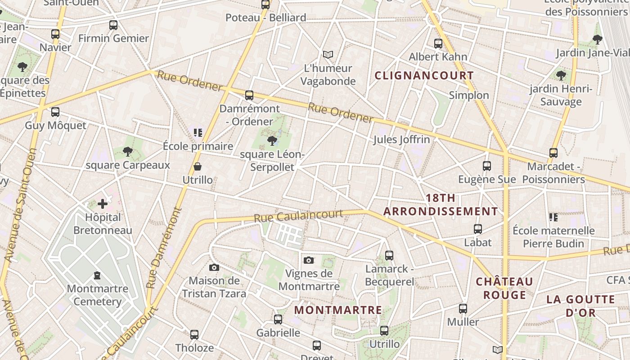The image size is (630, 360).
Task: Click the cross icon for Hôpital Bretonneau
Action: coord(103,204)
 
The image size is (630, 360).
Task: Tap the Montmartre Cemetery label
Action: coord(97,295)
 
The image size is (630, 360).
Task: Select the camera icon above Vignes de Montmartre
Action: coord(309,260)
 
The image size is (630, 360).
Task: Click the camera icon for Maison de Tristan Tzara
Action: coord(214,268)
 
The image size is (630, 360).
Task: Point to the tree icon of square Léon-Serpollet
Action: coord(272,141)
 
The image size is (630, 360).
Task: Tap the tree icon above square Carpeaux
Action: coord(128,151)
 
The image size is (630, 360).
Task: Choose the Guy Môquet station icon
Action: coord(55,112)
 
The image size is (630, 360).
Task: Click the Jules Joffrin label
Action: coord(401,139)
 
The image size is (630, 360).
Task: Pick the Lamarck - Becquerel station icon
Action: coord(389,256)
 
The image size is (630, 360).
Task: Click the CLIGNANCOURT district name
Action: coord(424,75)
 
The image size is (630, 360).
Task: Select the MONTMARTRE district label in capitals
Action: coord(338,310)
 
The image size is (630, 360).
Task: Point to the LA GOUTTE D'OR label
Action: coord(580,306)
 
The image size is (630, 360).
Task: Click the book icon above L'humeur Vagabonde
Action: coord(328,55)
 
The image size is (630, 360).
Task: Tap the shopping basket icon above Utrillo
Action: coord(197,167)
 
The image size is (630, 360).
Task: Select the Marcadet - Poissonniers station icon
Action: coord(553,153)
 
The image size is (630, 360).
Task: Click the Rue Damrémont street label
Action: coord(165,249)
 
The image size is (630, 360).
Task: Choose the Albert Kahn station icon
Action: coord(438,44)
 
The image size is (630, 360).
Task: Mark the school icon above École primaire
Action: coord(198,132)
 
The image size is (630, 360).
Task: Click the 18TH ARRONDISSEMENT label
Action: coord(441,205)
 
